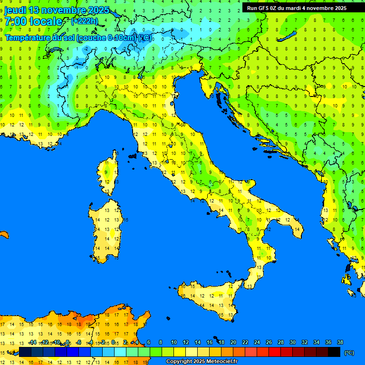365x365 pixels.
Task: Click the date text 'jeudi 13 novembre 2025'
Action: pos(57,10)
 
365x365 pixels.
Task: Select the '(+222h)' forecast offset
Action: pos(85,21)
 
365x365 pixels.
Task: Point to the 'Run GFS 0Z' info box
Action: pos(297,8)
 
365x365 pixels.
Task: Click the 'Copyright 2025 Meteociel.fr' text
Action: pos(202,362)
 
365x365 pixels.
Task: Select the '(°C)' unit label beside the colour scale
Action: pos(348,353)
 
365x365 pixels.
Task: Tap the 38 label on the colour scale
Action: pos(340,342)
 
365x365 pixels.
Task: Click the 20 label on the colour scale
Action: pos(233,342)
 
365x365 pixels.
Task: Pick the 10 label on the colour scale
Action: pos(174,342)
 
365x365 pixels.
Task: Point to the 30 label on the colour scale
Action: pos(293,342)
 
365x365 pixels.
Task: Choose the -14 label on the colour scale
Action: pos(33,342)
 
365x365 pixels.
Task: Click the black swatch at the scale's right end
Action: pos(334,352)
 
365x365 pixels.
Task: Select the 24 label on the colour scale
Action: pos(257,342)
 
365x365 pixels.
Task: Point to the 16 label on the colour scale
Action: pos(210,342)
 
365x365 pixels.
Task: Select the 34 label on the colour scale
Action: pos(317,342)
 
